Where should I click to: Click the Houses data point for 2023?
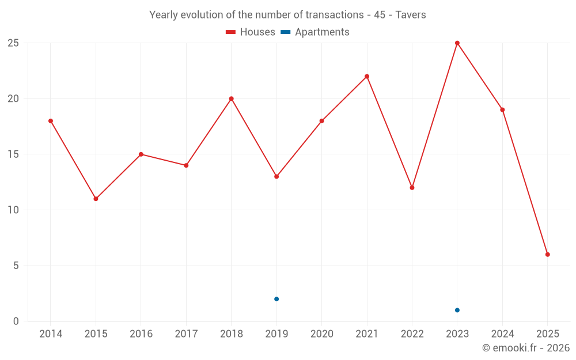pos(457,43)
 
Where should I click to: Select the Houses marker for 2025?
pos(548,255)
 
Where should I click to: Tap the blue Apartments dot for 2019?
pos(276,299)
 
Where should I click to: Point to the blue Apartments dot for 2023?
pos(457,310)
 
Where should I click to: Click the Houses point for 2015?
pos(96,199)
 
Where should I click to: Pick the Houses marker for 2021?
pos(367,77)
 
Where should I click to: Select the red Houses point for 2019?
pos(276,177)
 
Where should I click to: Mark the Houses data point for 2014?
pos(51,121)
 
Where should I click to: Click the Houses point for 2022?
pos(412,188)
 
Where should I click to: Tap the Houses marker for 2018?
pos(232,98)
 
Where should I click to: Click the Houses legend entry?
pos(251,32)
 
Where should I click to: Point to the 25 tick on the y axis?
pos(13,43)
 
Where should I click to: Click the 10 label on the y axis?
pos(13,210)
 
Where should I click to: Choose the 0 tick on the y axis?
pos(16,321)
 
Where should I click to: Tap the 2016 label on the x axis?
pos(141,334)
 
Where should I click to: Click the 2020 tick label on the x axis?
pos(321,334)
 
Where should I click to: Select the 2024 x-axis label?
pos(502,334)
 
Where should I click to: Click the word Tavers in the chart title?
pos(411,15)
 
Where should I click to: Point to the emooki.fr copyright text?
pos(526,348)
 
